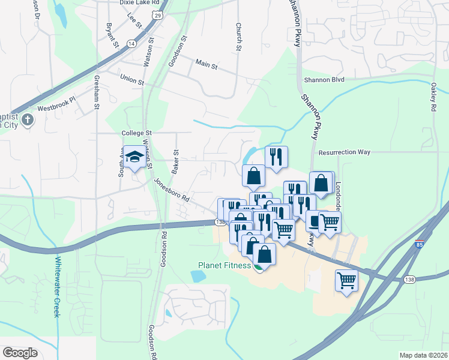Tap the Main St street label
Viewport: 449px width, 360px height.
pyautogui.click(x=205, y=62)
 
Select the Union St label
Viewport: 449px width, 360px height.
pyautogui.click(x=132, y=79)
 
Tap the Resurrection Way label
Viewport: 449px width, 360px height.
pyautogui.click(x=345, y=152)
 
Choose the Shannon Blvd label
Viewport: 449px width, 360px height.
pyautogui.click(x=324, y=79)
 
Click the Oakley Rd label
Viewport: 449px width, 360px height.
pyautogui.click(x=433, y=97)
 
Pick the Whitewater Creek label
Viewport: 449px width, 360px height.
pyautogui.click(x=58, y=287)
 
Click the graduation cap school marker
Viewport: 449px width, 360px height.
pyautogui.click(x=134, y=158)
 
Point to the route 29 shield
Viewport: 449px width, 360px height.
pyautogui.click(x=157, y=14)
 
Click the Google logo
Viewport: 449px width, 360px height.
pyautogui.click(x=20, y=353)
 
